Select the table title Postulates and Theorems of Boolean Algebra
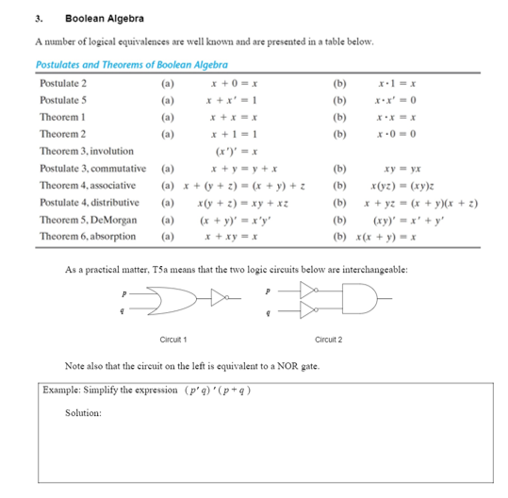(131, 65)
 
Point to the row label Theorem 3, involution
(86, 151)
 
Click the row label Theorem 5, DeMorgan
(88, 219)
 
